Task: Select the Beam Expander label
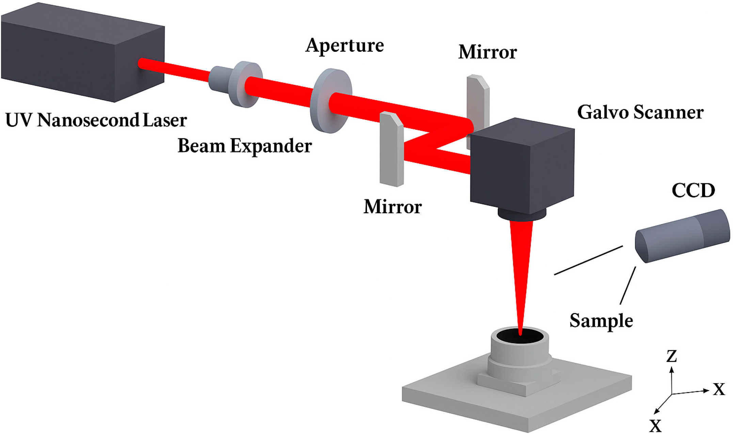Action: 244,146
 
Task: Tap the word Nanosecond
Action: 88,120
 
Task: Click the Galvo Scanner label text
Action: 640,112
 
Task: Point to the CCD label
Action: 693,190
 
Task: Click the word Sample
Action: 601,321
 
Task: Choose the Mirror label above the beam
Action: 488,52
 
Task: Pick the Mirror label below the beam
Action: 393,207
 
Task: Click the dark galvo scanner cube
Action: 521,167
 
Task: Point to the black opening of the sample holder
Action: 520,336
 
